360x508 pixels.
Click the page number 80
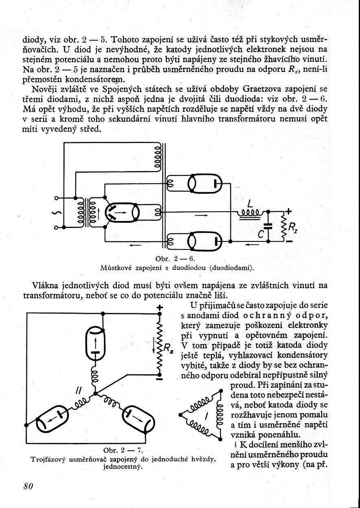(28, 486)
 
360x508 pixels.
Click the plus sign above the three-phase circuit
(159, 308)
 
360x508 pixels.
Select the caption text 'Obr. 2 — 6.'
(176, 258)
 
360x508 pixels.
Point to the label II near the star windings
(78, 391)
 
